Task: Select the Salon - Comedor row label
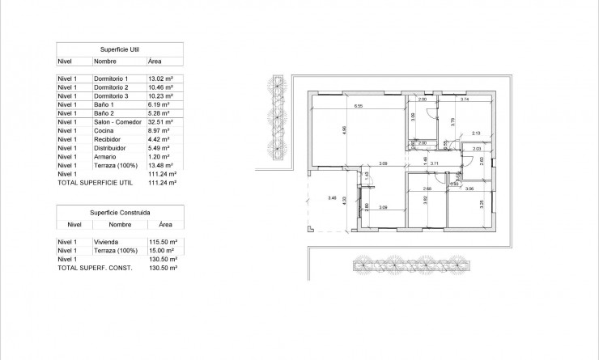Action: tap(117, 122)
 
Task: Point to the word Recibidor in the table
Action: tap(108, 139)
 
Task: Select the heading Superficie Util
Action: tap(119, 49)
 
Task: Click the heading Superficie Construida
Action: tap(119, 213)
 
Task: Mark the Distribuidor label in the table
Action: tap(111, 148)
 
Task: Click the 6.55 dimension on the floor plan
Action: tap(357, 106)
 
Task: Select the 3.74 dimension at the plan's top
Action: tap(465, 100)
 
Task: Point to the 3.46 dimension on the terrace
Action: tap(332, 197)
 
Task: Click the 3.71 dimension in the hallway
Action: tap(434, 163)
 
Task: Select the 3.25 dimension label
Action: tap(482, 204)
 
